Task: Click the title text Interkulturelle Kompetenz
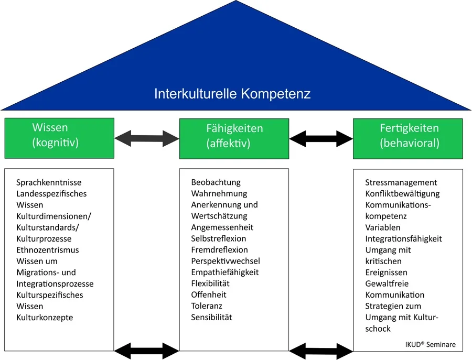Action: click(x=232, y=94)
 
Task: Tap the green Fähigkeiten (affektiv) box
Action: click(x=234, y=138)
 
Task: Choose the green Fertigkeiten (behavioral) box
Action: click(x=407, y=138)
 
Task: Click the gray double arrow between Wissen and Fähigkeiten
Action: click(x=147, y=138)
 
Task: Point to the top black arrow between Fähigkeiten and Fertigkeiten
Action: click(x=320, y=138)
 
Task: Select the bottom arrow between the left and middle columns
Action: click(x=147, y=350)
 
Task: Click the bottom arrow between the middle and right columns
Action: click(x=320, y=350)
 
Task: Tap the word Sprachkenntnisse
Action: click(x=49, y=182)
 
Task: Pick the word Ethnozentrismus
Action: click(x=47, y=250)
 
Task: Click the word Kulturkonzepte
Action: click(x=45, y=318)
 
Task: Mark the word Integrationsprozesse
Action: click(x=55, y=283)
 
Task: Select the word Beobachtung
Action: click(x=216, y=182)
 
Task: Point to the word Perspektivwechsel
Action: click(x=226, y=261)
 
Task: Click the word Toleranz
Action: click(x=207, y=306)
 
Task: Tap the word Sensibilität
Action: click(x=211, y=317)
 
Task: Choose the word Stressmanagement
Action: click(x=401, y=182)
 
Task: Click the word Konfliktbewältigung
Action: click(x=402, y=194)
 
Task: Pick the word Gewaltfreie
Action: click(x=386, y=283)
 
